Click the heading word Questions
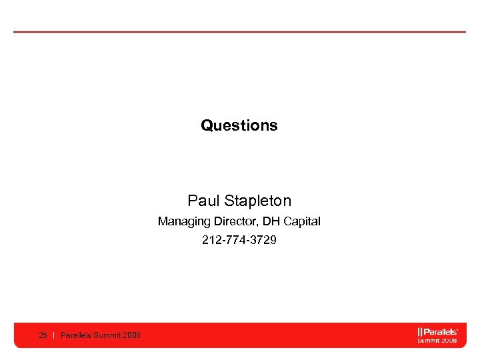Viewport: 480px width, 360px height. click(x=239, y=125)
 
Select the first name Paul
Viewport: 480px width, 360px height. click(x=203, y=201)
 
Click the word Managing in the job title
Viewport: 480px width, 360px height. click(x=180, y=221)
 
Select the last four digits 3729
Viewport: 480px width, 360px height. click(x=263, y=240)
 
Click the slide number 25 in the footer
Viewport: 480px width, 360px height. click(x=43, y=335)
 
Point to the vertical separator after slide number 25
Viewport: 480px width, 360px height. click(x=53, y=335)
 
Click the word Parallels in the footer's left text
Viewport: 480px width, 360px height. click(x=76, y=335)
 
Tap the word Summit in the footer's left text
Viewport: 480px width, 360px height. click(x=107, y=335)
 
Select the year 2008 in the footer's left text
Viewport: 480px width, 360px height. click(x=131, y=335)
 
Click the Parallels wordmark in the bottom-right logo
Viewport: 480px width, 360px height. click(x=439, y=331)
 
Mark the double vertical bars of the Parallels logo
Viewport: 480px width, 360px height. click(x=419, y=331)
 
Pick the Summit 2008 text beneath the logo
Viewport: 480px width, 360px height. click(x=437, y=340)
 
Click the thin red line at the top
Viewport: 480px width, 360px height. click(x=239, y=31)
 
